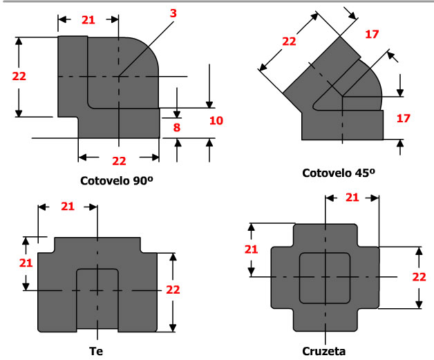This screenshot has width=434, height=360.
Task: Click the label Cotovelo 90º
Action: click(118, 183)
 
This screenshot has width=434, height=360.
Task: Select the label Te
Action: click(97, 351)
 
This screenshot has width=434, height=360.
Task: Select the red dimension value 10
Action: click(216, 121)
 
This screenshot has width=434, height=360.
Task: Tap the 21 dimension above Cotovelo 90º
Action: click(88, 20)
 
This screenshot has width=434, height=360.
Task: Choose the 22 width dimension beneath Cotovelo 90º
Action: click(119, 160)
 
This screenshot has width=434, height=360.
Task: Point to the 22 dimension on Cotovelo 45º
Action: click(290, 41)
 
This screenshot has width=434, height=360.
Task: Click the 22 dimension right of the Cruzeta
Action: click(418, 277)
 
